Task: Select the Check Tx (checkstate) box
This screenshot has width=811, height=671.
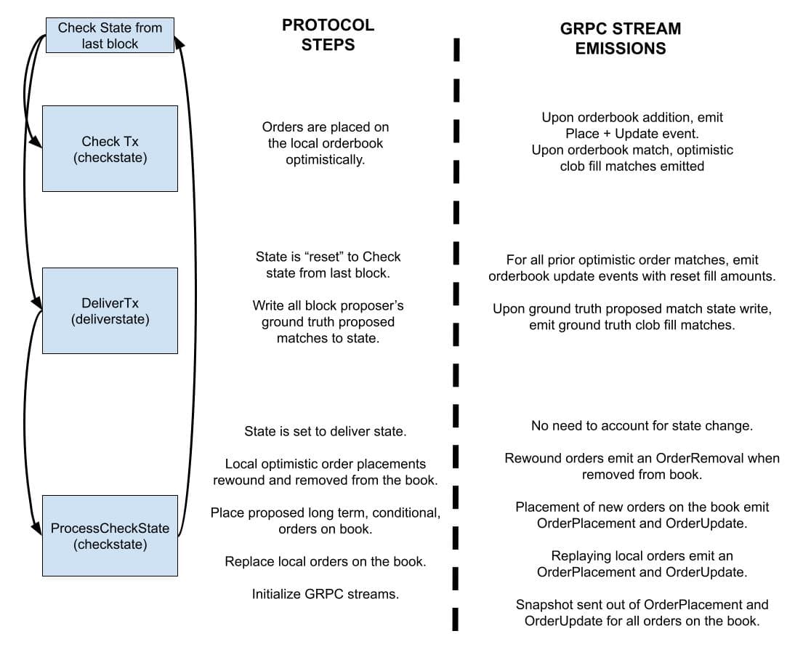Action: [110, 149]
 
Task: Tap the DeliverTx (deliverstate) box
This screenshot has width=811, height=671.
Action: [110, 310]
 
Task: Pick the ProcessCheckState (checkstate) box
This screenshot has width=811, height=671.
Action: [110, 536]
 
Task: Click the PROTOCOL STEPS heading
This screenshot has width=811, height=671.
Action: [328, 34]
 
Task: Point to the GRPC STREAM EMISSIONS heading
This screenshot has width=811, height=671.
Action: [620, 39]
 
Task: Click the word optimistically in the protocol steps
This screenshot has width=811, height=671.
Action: [326, 159]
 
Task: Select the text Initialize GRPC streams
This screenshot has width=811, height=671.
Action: [326, 594]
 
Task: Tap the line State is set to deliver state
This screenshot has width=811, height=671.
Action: [326, 431]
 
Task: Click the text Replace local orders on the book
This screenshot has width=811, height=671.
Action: [326, 561]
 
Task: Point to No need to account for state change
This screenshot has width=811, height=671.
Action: [642, 426]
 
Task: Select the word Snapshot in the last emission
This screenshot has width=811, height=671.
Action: [542, 605]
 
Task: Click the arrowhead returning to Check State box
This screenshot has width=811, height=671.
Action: [179, 44]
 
